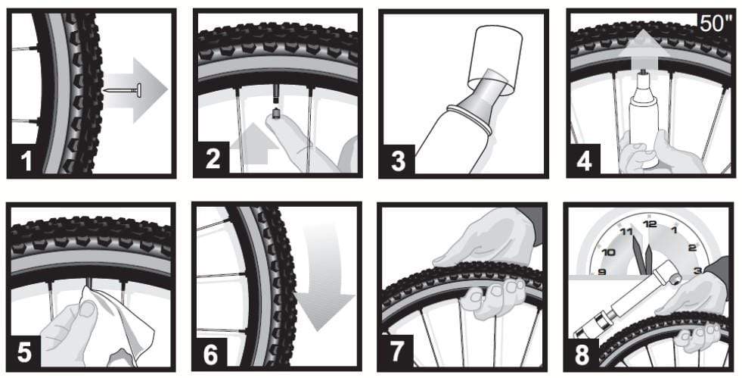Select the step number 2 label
click(x=214, y=158)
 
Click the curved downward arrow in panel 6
click(x=318, y=287)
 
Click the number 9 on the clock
click(x=603, y=272)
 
